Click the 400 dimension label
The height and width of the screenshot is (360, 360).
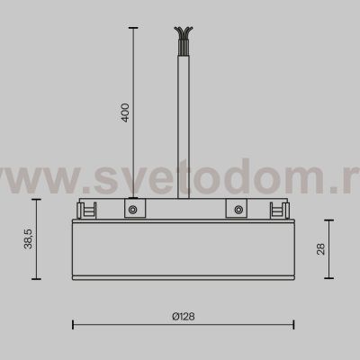126,112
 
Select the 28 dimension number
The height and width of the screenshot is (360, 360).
321,249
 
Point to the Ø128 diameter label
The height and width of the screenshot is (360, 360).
183,315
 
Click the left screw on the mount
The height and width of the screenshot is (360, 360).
132,211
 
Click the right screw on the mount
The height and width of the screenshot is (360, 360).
238,211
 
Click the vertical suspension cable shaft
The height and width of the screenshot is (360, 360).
184,117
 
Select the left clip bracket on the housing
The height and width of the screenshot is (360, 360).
88,210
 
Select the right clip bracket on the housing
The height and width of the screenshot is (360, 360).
281,210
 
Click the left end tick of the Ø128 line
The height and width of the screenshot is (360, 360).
73,325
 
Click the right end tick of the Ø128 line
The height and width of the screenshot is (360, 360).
294,325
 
